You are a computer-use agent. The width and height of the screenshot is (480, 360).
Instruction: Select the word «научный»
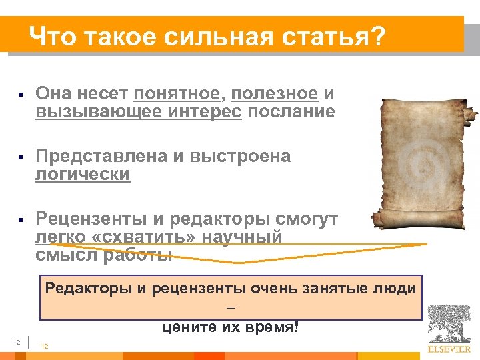pos(243,237)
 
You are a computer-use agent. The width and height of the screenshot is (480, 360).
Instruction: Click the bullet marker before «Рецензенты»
pos(22,219)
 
